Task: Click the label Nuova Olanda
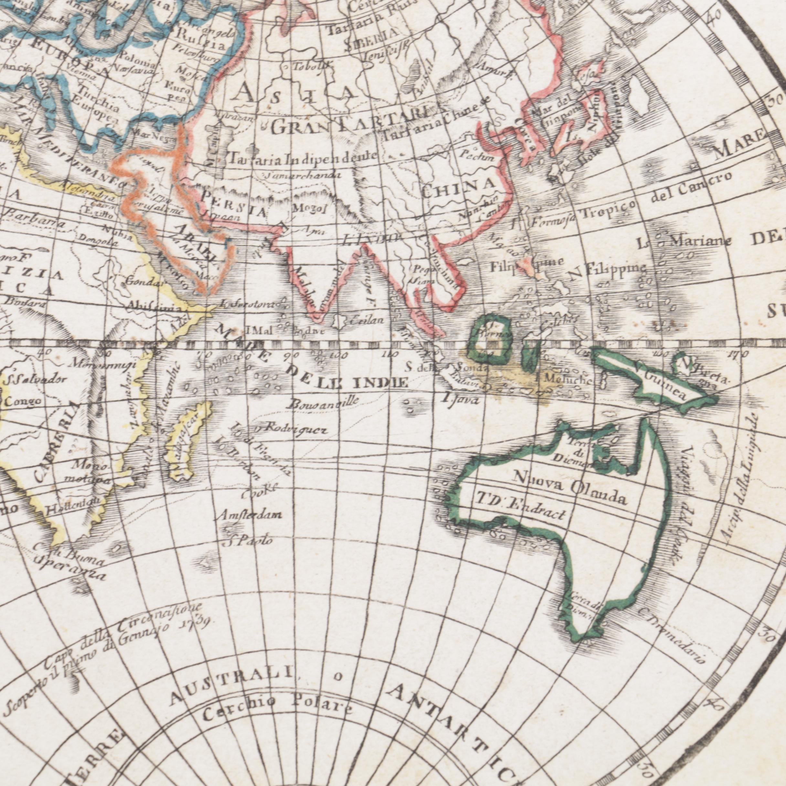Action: tap(569, 487)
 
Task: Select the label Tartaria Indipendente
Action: tap(303, 159)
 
